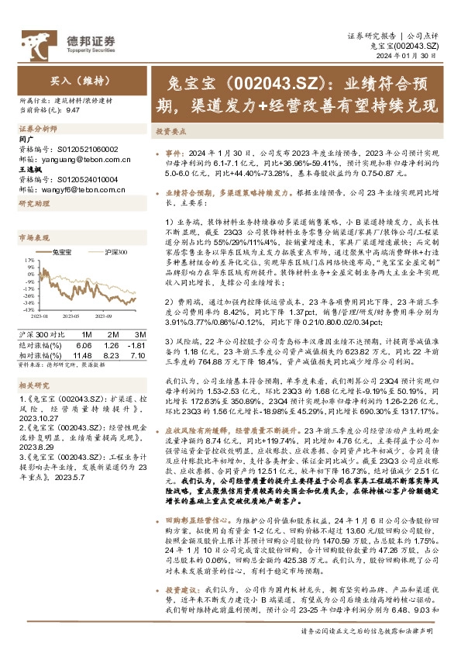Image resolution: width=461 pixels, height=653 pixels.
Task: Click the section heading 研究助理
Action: [x=34, y=203]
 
